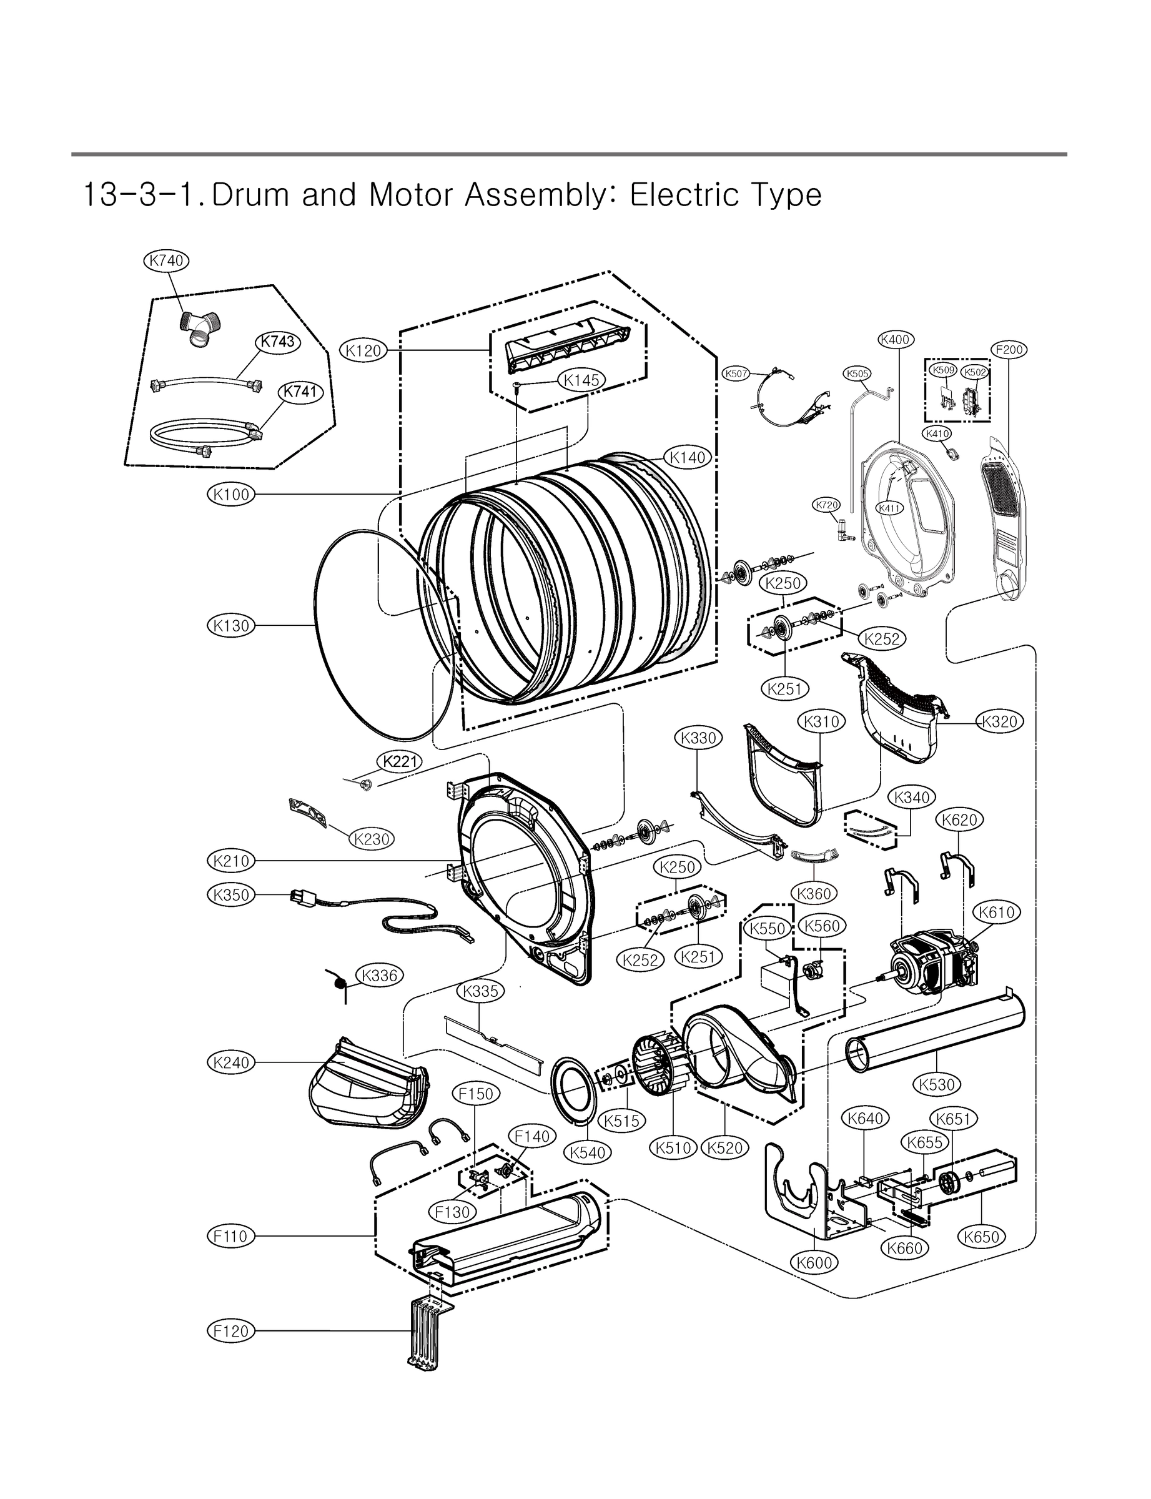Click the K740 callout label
pos(167,260)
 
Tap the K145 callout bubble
pos(581,380)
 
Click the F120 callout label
pos(231,1331)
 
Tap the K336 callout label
pos(380,976)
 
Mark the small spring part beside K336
pos(339,983)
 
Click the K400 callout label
pos(896,339)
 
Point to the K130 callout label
pos(231,625)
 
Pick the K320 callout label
pos(1000,721)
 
